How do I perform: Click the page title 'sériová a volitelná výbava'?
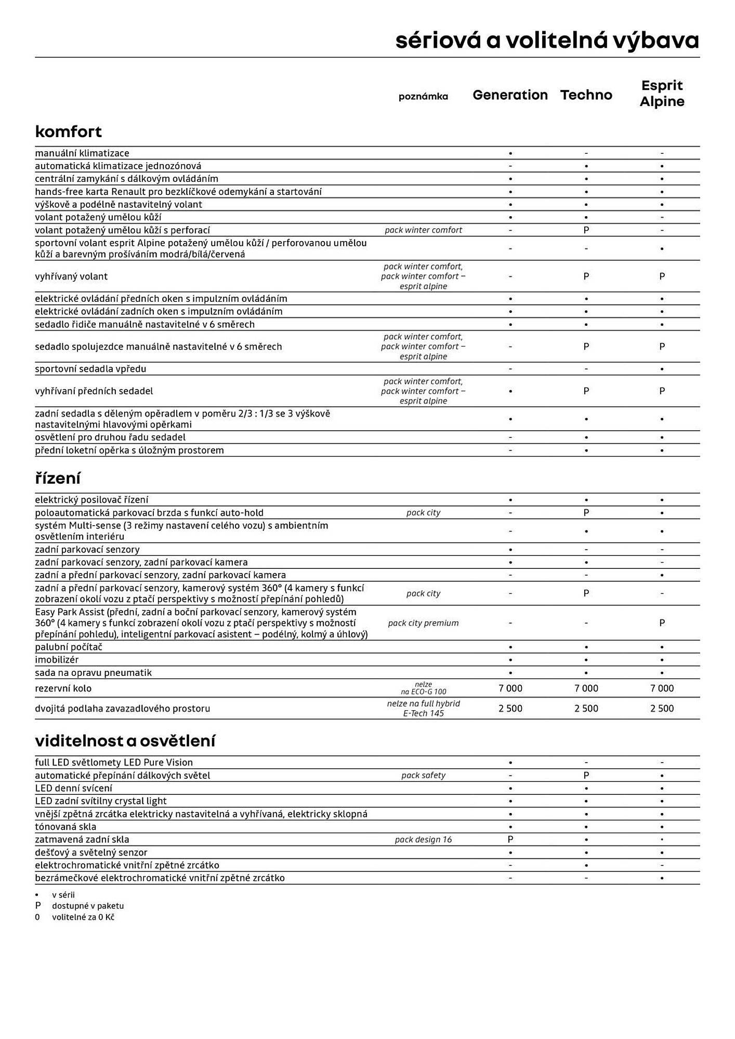[x=547, y=41]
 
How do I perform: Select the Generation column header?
[x=510, y=95]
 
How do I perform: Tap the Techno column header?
[x=586, y=95]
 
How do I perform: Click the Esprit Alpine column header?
[x=662, y=94]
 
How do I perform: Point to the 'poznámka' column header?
[x=423, y=97]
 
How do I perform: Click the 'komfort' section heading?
[x=69, y=131]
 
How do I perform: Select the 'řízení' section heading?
[x=58, y=478]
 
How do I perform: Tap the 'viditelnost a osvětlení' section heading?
[x=125, y=741]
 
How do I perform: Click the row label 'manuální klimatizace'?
[x=82, y=153]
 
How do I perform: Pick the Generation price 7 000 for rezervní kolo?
[x=510, y=688]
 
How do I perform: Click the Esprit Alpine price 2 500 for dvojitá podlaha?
[x=662, y=709]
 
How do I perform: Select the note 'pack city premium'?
[x=423, y=623]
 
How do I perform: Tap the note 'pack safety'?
[x=423, y=776]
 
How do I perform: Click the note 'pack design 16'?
[x=423, y=840]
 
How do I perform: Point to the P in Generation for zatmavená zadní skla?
[x=510, y=840]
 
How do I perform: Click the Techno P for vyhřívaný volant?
[x=586, y=276]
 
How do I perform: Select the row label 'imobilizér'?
[x=57, y=660]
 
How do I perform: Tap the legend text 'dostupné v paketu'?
[x=88, y=906]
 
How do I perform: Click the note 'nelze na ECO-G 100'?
[x=423, y=688]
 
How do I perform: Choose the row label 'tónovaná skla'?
[x=65, y=827]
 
